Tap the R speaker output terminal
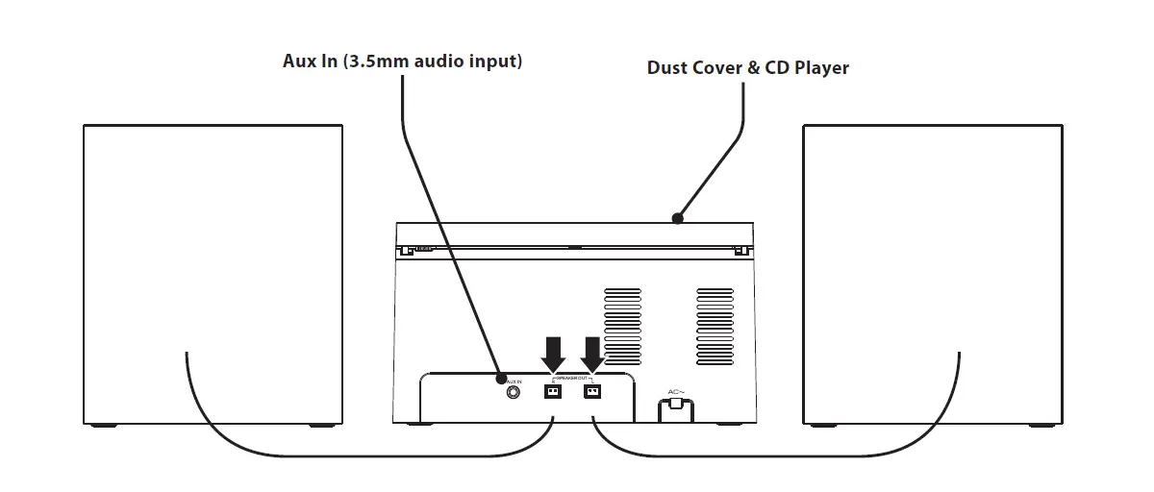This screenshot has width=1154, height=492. tap(553, 392)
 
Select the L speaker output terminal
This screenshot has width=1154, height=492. tap(592, 392)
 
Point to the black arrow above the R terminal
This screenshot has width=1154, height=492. tap(553, 353)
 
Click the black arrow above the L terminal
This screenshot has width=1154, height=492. tap(592, 353)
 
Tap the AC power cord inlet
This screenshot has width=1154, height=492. tap(675, 408)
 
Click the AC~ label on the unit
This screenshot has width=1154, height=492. tap(675, 391)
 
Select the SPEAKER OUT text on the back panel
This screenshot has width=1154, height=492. tap(573, 380)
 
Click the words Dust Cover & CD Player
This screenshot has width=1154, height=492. tap(747, 68)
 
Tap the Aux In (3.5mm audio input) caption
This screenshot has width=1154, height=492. tap(401, 61)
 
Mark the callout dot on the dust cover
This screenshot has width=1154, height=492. tap(678, 218)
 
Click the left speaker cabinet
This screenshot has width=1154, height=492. tap(213, 240)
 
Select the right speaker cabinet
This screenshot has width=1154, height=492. tap(932, 240)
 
